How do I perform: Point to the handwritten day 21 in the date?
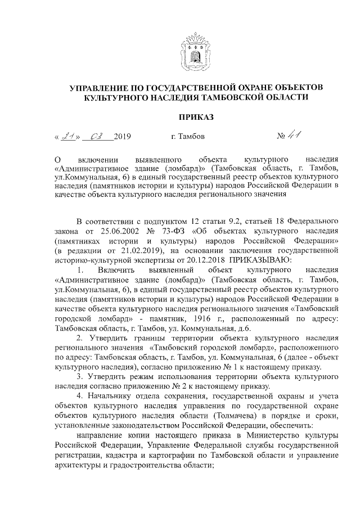(69, 136)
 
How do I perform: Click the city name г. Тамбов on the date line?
(187, 137)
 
